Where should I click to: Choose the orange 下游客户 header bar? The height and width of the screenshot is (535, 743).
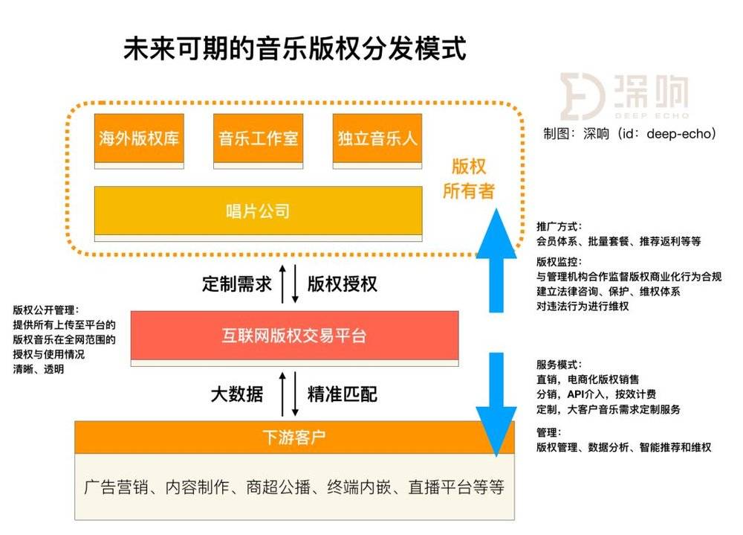[x=294, y=437]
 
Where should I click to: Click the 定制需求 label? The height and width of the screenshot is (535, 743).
[x=237, y=284]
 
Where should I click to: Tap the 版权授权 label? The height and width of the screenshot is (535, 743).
[x=342, y=284]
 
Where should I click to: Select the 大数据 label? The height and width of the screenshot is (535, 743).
[x=237, y=394]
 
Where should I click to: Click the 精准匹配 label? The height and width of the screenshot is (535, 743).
[x=342, y=394]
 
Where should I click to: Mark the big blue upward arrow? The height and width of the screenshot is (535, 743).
[x=496, y=260]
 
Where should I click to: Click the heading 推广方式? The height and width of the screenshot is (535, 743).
[x=559, y=226]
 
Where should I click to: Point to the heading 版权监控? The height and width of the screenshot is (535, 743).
[x=559, y=262]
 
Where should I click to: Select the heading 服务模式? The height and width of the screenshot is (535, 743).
[x=559, y=365]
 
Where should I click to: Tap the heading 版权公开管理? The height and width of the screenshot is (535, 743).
[x=46, y=310]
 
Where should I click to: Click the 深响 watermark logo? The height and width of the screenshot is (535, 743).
[x=624, y=97]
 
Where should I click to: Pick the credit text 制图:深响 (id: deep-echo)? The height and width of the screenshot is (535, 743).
[x=629, y=133]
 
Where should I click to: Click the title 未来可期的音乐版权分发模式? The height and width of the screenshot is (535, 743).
[x=295, y=48]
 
